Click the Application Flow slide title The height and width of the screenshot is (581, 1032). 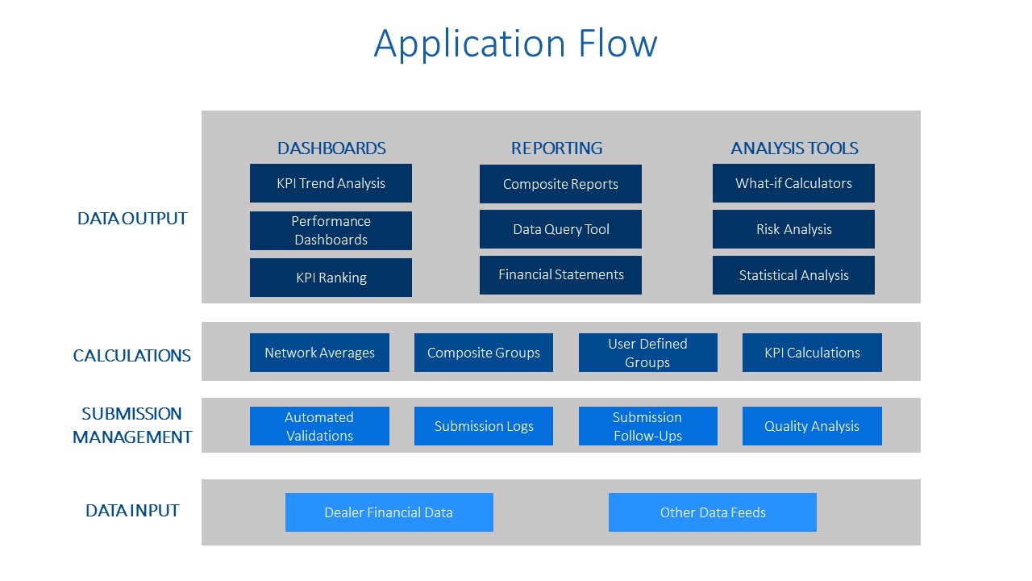click(515, 44)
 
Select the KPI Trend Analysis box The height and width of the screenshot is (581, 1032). click(331, 183)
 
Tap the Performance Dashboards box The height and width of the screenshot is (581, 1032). click(331, 231)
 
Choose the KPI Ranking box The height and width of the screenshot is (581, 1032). click(331, 278)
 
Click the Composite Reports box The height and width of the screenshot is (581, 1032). click(560, 184)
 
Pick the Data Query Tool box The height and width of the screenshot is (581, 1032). click(560, 229)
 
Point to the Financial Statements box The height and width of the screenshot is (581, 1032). click(560, 275)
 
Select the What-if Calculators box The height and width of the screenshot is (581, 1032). click(793, 183)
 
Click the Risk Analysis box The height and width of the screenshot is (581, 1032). click(793, 229)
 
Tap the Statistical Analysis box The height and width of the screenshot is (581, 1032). click(793, 275)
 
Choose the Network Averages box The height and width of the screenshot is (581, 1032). click(319, 353)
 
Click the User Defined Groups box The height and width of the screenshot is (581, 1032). click(647, 353)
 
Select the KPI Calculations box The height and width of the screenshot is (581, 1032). click(812, 353)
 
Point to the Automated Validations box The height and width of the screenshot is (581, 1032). click(319, 426)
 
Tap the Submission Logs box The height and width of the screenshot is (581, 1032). click(484, 426)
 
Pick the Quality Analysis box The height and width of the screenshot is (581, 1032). click(812, 426)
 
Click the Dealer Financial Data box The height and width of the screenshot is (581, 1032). click(389, 512)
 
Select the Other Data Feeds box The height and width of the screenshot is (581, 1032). click(712, 512)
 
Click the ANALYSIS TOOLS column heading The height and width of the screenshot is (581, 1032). click(794, 148)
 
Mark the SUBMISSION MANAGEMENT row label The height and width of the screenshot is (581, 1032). click(132, 425)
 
